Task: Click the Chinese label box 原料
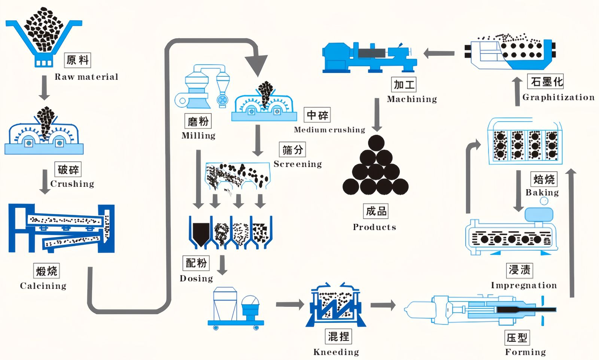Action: tap(77, 60)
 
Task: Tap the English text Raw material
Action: tap(86, 77)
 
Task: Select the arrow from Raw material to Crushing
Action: tap(44, 88)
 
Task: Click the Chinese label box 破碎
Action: tap(68, 170)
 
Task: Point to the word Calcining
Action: tap(43, 286)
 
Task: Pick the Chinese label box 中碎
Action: tap(317, 115)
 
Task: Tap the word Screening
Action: tap(298, 164)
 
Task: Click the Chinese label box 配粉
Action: tap(196, 263)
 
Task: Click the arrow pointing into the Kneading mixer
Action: tap(290, 304)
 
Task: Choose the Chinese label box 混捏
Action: tap(338, 336)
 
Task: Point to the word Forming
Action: tap(525, 352)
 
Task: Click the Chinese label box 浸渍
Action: tap(520, 270)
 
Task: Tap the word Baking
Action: tap(542, 192)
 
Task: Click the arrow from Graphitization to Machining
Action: tap(439, 54)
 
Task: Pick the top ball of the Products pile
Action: tap(376, 143)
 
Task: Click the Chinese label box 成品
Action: tap(375, 211)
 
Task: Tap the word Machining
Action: tap(412, 99)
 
